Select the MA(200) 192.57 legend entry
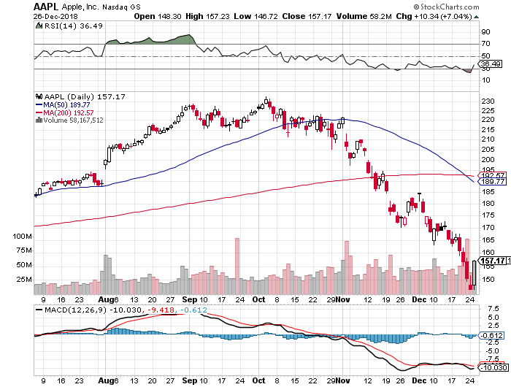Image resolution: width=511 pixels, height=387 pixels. click(64, 112)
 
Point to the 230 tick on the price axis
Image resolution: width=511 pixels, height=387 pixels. click(485, 100)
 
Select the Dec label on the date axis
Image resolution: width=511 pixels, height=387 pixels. click(418, 299)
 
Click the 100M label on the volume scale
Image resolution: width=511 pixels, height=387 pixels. click(23, 237)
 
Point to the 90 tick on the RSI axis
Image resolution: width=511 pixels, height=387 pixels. click(484, 32)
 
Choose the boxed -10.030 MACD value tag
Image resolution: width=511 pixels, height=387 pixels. click(493, 369)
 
